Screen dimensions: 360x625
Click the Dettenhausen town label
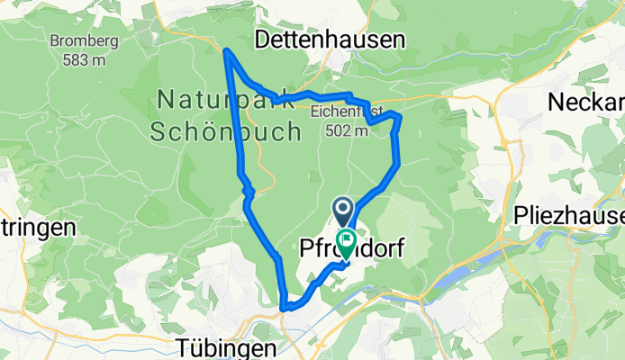click(x=330, y=40)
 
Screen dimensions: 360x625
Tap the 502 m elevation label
click(x=348, y=130)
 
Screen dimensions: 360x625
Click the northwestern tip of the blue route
click(x=226, y=51)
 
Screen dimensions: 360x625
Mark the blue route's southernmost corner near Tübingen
click(x=285, y=307)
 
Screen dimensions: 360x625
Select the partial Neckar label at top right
click(x=585, y=101)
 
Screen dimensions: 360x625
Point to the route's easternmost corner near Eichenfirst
click(x=398, y=117)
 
